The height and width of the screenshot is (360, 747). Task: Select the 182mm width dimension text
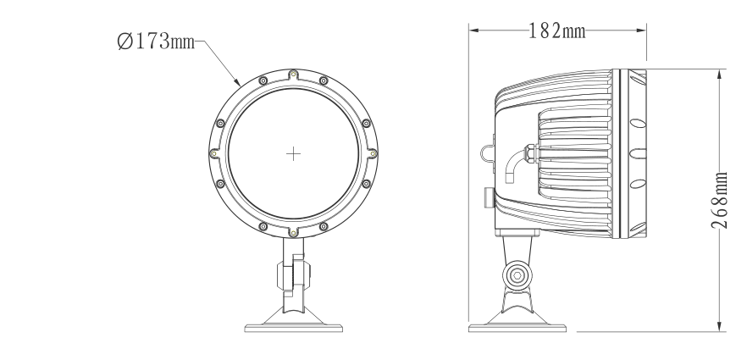click(x=556, y=31)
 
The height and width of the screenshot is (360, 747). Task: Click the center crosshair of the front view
click(x=293, y=153)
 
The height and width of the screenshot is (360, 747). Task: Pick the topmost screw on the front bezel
click(x=293, y=74)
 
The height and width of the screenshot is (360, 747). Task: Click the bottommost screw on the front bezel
click(x=293, y=232)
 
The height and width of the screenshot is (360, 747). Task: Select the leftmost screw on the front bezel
click(x=213, y=153)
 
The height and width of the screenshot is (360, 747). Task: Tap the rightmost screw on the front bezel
click(x=373, y=153)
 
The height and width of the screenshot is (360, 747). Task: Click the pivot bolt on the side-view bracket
click(x=515, y=274)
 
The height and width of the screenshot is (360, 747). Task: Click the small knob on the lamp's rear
click(x=487, y=197)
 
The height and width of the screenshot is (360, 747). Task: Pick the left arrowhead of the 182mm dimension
click(x=473, y=30)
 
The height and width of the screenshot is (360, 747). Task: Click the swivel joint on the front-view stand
click(x=293, y=276)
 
